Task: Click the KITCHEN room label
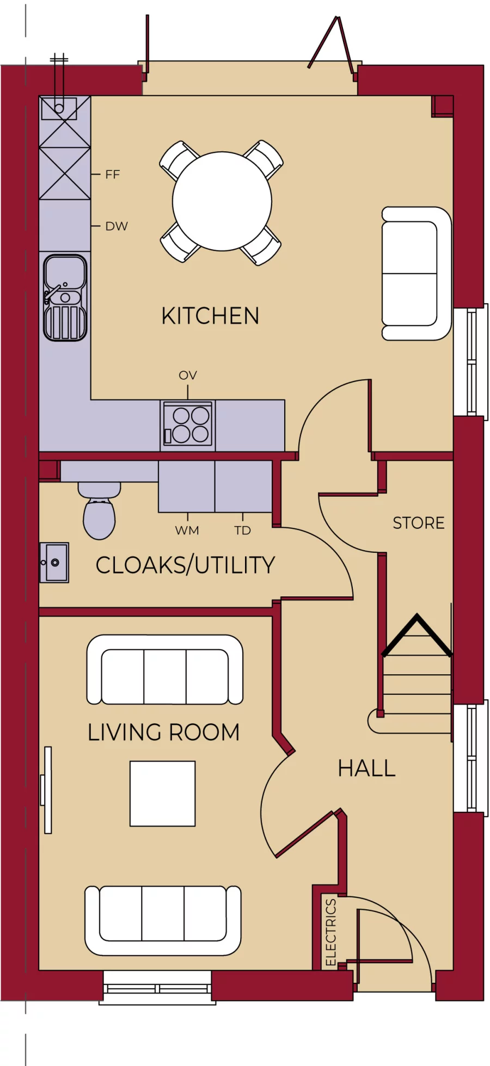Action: point(210,316)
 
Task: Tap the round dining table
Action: point(222,201)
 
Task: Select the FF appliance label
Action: point(112,175)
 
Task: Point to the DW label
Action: point(117,226)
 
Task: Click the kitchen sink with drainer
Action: point(65,298)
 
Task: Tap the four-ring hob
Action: point(188,425)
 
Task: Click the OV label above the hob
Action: point(188,375)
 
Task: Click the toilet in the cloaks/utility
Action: point(99,512)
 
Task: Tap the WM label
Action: point(187,531)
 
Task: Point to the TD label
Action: point(243,531)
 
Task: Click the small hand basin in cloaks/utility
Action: point(54,563)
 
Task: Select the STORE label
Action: point(418,523)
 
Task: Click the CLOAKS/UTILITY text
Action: point(185,565)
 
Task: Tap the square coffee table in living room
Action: point(162,793)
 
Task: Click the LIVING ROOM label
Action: point(163,732)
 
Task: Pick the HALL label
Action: point(366,769)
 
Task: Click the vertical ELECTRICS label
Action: point(330,932)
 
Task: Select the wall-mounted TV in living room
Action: point(47,790)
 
